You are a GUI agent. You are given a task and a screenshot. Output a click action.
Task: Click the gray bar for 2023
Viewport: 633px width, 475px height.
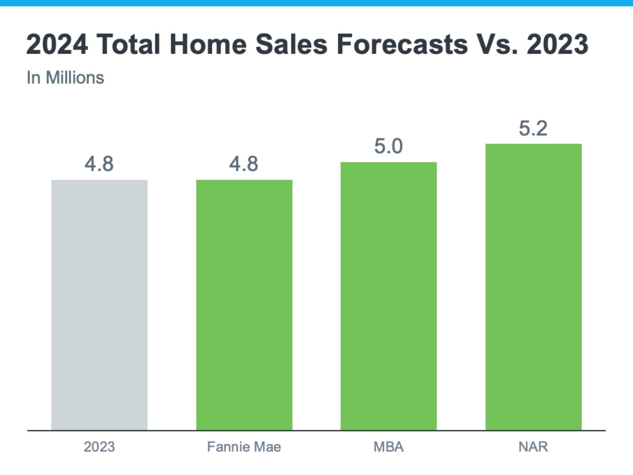click(99, 305)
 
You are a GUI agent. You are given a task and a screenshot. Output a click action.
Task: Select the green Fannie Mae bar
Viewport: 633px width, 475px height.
click(244, 305)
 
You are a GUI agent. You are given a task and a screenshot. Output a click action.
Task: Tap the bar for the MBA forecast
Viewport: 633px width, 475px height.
click(389, 296)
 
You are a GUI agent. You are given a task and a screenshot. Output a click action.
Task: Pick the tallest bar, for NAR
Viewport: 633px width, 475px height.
click(533, 287)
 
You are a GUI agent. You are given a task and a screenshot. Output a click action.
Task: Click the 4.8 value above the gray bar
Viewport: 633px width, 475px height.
click(99, 164)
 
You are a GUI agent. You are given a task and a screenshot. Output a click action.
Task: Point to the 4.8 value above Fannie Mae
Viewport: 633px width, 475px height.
click(244, 164)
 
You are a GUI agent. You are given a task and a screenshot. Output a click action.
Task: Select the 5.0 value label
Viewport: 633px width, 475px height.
click(389, 146)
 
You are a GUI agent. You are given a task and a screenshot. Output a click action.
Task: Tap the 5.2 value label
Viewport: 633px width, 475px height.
click(533, 128)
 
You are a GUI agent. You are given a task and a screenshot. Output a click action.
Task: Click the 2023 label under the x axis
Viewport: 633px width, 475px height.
click(99, 447)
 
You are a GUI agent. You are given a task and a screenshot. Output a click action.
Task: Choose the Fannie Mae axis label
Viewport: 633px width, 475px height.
click(244, 447)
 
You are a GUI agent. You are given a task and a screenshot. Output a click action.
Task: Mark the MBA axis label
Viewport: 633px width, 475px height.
click(389, 447)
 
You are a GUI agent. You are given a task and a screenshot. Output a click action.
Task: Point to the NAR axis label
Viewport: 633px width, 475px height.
click(533, 447)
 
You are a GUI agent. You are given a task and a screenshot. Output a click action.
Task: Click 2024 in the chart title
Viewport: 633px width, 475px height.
click(57, 45)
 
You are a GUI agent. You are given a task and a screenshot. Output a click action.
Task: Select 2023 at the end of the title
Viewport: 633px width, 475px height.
click(557, 45)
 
